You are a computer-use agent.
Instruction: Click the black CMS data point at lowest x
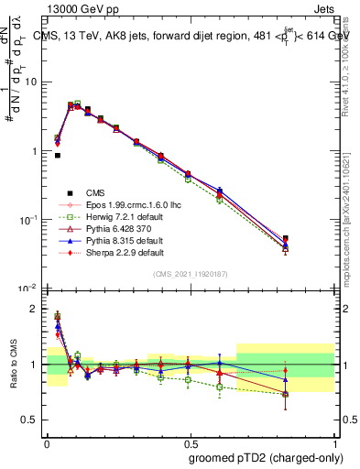58,156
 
